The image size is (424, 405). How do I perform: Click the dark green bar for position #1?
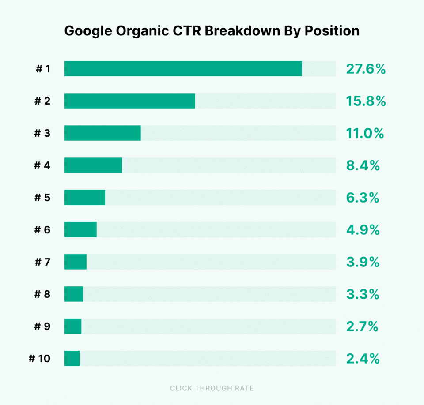[x=183, y=69]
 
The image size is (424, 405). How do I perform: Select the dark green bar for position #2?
[x=129, y=101]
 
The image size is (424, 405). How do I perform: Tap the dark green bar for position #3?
[x=102, y=133]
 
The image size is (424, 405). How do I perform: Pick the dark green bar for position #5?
[x=85, y=198]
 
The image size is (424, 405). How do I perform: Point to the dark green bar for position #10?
[x=72, y=358]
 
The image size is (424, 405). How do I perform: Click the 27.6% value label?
[x=366, y=69]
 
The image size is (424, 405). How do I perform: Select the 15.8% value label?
[x=366, y=101]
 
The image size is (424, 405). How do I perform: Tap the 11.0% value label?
[x=365, y=134]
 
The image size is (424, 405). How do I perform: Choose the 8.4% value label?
[x=363, y=166]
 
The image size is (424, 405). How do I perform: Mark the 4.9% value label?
[x=363, y=230]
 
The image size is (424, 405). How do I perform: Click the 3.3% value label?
[x=363, y=294]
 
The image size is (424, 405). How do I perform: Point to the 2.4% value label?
[x=363, y=359]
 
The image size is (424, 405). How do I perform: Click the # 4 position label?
[x=42, y=166]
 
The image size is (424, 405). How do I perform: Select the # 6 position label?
[x=42, y=230]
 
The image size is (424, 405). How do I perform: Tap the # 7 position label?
[x=42, y=262]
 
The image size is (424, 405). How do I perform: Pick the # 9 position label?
[x=42, y=326]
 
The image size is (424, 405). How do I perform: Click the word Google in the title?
[x=89, y=31]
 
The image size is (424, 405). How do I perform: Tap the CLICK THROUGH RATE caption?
[x=212, y=388]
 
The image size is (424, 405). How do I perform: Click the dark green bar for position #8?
[x=74, y=294]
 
